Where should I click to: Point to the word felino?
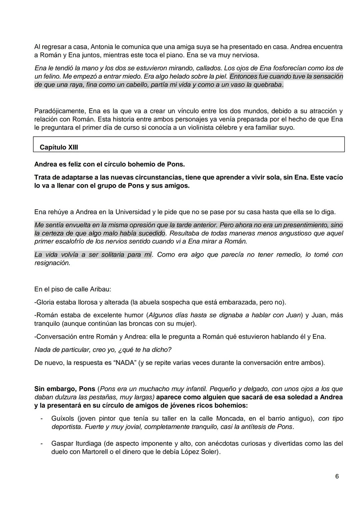[49, 77]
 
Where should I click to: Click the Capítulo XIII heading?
[59, 147]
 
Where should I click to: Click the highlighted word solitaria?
[112, 255]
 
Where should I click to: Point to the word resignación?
[52, 263]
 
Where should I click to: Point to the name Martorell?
[85, 452]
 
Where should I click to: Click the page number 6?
[337, 477]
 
